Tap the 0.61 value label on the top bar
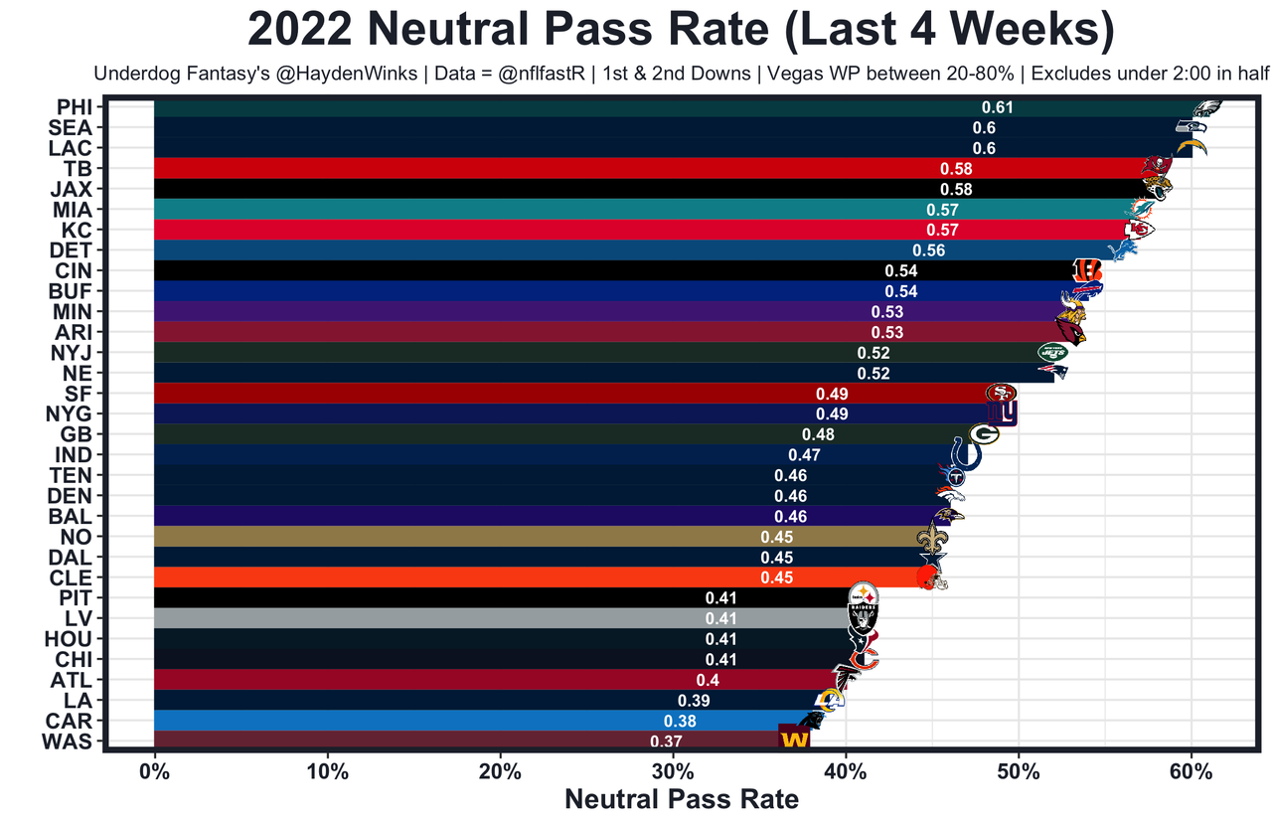(x=997, y=107)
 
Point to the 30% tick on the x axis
(x=673, y=772)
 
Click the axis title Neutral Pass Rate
(x=682, y=799)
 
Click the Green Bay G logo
(x=983, y=434)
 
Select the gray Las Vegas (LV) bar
(x=447, y=618)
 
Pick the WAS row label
(x=70, y=742)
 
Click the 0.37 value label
(x=665, y=742)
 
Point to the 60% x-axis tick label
(x=1191, y=772)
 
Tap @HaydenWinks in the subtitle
(x=327, y=75)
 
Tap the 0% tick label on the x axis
(x=154, y=772)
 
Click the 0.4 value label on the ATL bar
(x=708, y=680)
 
